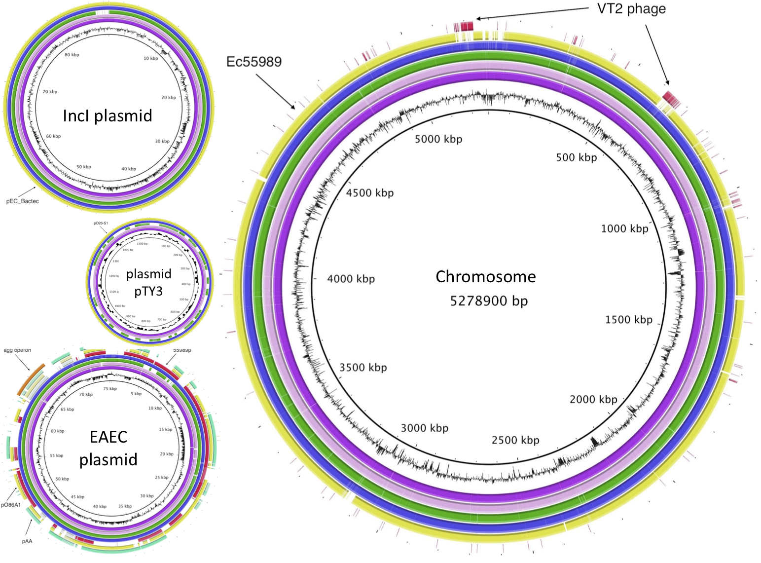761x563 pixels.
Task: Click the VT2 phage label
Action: [x=631, y=9]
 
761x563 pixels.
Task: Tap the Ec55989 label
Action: [x=254, y=62]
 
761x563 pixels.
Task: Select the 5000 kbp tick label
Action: [x=438, y=139]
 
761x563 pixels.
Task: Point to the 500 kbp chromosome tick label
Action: [x=576, y=157]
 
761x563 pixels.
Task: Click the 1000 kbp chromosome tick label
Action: [x=624, y=228]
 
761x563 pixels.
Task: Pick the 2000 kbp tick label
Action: [x=593, y=399]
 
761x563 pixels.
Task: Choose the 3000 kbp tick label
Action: [x=424, y=428]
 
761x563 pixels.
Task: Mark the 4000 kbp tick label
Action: [x=351, y=279]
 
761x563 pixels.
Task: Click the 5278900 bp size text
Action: [x=488, y=300]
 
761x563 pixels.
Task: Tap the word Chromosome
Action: [x=485, y=276]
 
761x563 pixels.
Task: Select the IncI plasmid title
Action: [x=108, y=115]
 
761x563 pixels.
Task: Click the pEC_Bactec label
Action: [x=22, y=201]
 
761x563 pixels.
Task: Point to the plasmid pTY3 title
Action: [x=148, y=282]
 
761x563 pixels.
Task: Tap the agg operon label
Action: [x=17, y=350]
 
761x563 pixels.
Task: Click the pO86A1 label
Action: [x=11, y=505]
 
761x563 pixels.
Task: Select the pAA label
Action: [x=27, y=541]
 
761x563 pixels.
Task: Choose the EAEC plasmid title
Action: [x=109, y=448]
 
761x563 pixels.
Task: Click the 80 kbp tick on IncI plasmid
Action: [x=72, y=55]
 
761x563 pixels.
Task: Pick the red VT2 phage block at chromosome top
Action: [x=464, y=26]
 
